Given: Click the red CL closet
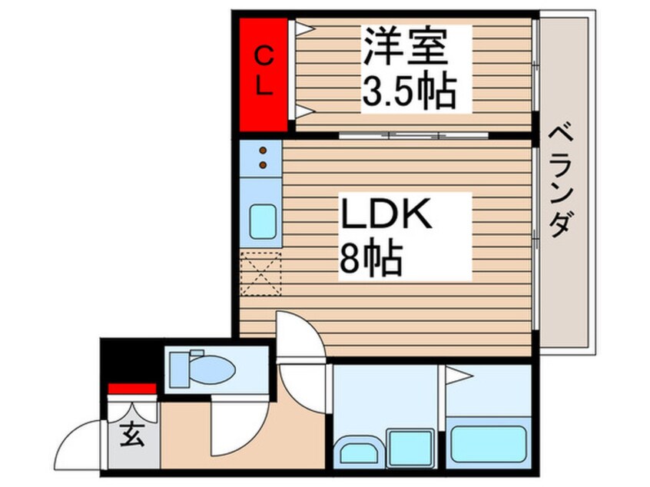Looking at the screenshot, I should pyautogui.click(x=263, y=75).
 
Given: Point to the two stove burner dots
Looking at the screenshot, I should pyautogui.click(x=263, y=157).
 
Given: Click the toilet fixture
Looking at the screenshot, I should pyautogui.click(x=201, y=369).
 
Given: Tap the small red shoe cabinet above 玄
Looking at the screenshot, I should pyautogui.click(x=131, y=389).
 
